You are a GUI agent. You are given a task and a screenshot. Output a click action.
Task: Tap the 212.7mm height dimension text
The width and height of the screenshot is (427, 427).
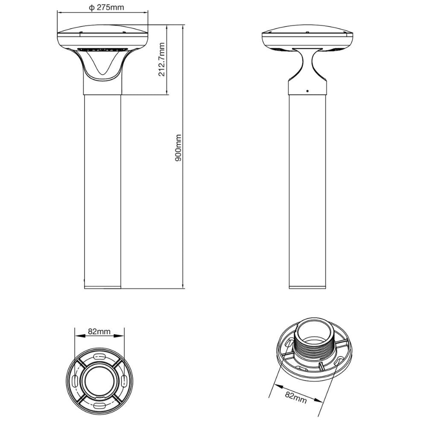pos(161,59)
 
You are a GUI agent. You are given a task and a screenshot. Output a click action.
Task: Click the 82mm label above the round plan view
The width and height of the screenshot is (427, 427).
pos(99,331)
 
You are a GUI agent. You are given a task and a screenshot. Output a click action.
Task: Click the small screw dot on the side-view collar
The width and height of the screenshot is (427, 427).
pos(307,91)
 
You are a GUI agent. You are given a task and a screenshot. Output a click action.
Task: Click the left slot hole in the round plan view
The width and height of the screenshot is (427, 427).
pos(75,380)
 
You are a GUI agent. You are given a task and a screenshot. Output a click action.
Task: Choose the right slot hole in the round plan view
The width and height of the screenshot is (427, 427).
pos(124,380)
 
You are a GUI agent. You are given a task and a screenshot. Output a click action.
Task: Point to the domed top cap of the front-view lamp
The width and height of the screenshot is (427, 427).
pos(103,31)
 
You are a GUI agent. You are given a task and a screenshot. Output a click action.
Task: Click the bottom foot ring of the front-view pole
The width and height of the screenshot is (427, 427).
pos(102,286)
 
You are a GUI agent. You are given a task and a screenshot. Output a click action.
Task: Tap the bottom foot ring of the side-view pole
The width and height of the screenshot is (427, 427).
pos(307,286)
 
